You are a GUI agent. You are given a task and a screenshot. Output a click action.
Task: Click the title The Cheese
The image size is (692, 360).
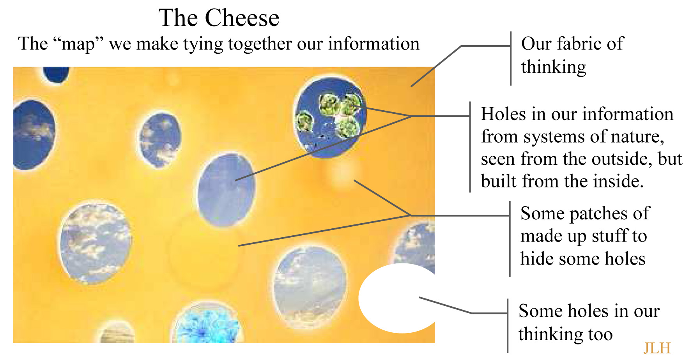pyautogui.click(x=219, y=18)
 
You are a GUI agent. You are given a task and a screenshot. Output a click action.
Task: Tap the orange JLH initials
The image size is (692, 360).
pyautogui.click(x=657, y=348)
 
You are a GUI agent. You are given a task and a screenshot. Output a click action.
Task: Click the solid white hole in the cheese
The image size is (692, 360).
pyautogui.click(x=398, y=298)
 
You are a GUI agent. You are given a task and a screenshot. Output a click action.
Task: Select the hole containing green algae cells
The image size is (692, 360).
pyautogui.click(x=330, y=117)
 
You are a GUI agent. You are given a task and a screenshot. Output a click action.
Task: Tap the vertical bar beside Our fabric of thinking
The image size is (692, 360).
pyautogui.click(x=511, y=58)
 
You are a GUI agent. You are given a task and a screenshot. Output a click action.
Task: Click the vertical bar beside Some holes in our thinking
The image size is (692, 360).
pyautogui.click(x=508, y=326)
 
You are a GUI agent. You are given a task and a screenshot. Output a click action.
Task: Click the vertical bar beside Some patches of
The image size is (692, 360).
pyautogui.click(x=510, y=239)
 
